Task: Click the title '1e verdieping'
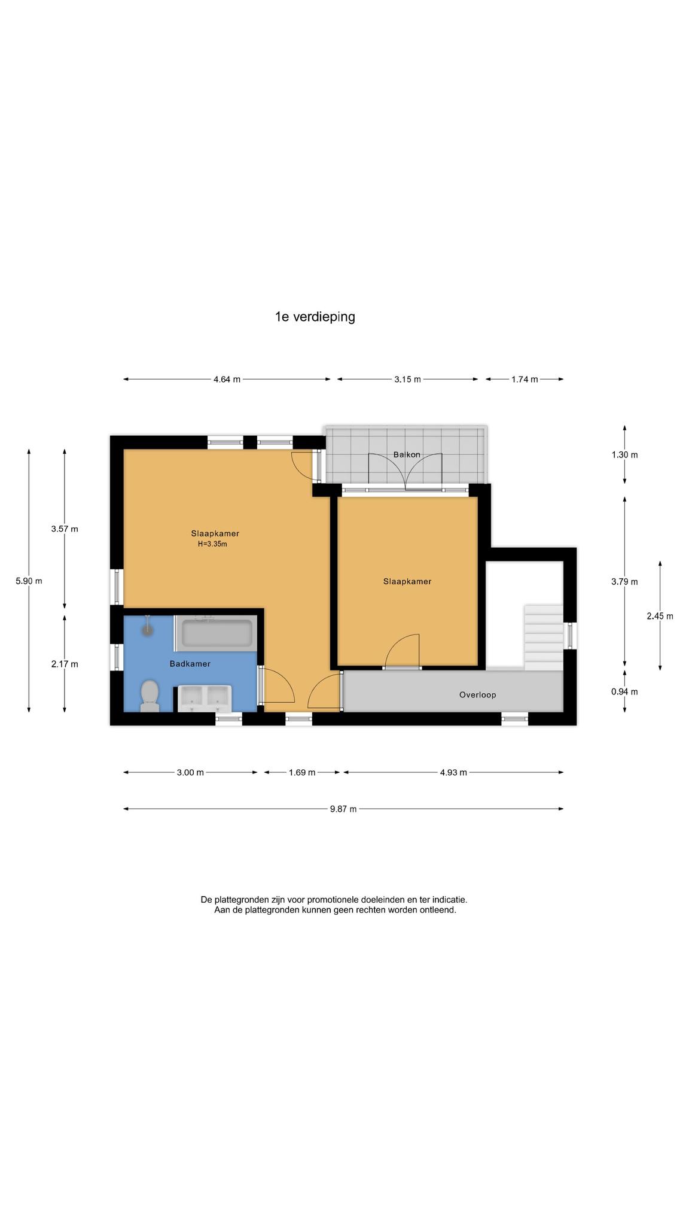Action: [315, 317]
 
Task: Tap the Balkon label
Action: [407, 454]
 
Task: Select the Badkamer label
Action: [190, 663]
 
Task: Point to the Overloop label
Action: [477, 694]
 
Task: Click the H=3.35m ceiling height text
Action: [212, 544]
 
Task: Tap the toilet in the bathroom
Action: [150, 696]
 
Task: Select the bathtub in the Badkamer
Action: [217, 632]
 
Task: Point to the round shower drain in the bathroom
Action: [147, 629]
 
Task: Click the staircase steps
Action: [544, 638]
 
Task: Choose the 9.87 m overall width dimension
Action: [343, 809]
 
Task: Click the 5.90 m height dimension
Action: [29, 580]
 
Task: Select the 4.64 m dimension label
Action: [227, 379]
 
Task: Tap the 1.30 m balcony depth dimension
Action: [624, 454]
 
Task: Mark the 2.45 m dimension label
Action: [660, 615]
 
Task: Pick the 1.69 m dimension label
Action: [302, 772]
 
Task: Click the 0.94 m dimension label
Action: [624, 691]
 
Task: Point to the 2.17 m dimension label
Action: [65, 663]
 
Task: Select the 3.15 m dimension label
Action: [407, 379]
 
